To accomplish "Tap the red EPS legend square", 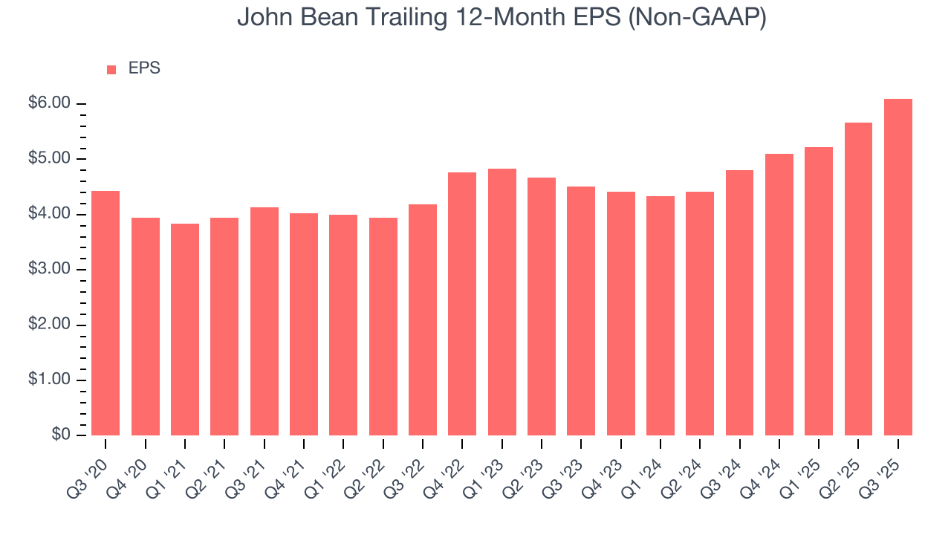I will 111,69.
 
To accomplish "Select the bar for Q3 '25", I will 898,267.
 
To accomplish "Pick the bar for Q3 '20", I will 106,313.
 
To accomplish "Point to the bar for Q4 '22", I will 462,304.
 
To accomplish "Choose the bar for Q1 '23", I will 502,302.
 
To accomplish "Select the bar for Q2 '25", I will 858,279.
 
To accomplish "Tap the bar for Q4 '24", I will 779,294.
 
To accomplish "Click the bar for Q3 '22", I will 423,320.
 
